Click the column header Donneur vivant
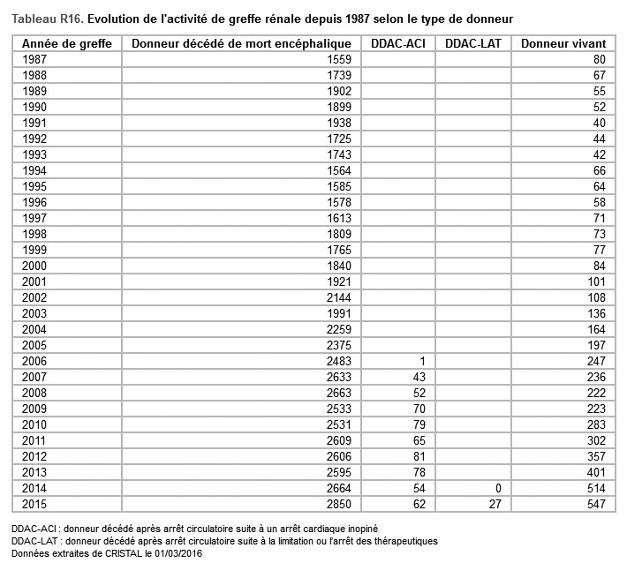(563, 44)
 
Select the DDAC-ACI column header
(399, 44)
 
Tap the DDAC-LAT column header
(472, 44)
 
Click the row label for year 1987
(35, 59)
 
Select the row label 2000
(35, 266)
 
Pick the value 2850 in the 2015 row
(339, 505)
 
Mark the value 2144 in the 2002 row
(339, 297)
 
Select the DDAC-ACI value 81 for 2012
(419, 457)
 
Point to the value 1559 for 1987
(339, 59)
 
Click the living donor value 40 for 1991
(599, 123)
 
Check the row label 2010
(35, 425)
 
